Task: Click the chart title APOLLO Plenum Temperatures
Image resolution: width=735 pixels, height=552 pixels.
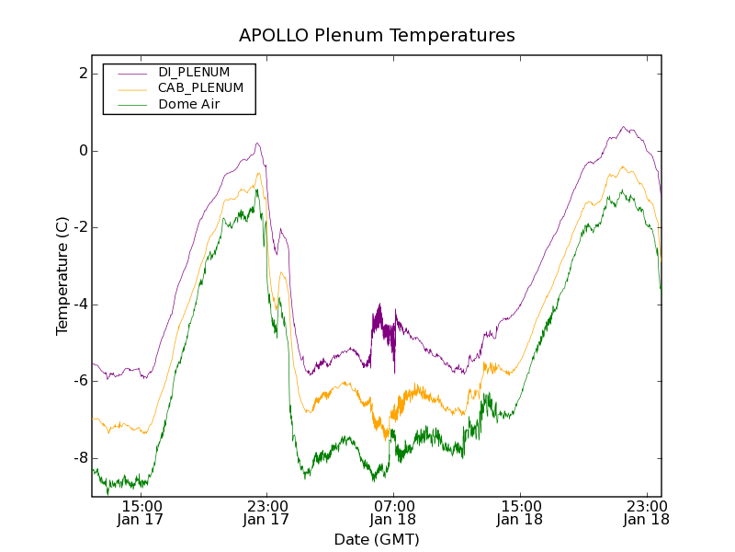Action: click(377, 36)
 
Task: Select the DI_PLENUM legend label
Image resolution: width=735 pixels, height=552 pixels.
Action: click(194, 72)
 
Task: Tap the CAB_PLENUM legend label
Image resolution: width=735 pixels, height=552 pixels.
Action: click(200, 88)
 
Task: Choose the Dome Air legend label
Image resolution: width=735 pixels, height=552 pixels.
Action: click(189, 105)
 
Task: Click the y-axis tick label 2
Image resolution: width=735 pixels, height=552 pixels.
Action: click(83, 74)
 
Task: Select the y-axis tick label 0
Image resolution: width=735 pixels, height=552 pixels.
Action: click(83, 151)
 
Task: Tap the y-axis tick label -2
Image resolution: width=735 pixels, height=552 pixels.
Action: click(80, 228)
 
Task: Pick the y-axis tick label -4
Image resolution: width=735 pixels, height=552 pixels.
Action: click(80, 305)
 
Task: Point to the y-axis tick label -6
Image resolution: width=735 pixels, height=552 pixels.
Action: click(80, 382)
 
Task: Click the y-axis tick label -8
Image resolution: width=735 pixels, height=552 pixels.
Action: click(80, 458)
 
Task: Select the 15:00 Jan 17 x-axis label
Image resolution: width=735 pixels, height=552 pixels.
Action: click(141, 512)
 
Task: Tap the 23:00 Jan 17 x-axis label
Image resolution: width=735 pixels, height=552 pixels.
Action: click(267, 512)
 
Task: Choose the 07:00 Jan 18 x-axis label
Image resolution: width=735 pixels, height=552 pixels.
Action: click(393, 512)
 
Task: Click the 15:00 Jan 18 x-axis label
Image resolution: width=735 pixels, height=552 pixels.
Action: click(520, 512)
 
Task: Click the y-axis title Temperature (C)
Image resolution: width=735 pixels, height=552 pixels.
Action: click(62, 275)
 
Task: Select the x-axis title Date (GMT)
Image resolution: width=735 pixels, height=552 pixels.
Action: click(377, 539)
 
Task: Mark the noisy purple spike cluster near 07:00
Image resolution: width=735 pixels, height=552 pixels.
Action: click(379, 327)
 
